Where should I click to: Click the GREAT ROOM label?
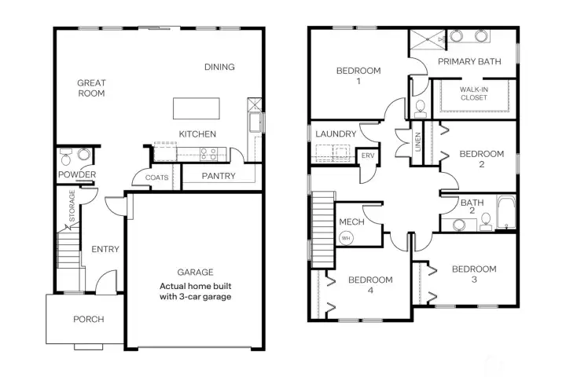91,88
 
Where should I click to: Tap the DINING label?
219,68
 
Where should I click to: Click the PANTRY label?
218,176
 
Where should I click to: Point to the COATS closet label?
156,178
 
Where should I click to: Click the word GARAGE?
195,273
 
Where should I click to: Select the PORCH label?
88,320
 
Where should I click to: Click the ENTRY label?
105,250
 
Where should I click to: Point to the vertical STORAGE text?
73,205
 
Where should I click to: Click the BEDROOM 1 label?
358,76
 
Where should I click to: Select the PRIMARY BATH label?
470,61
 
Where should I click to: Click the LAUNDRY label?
336,134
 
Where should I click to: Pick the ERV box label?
368,156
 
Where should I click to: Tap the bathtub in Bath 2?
505,211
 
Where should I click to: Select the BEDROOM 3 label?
474,274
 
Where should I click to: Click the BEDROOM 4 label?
370,284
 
